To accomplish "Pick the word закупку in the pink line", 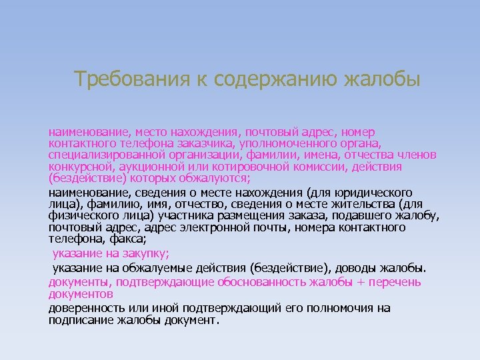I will (149, 253).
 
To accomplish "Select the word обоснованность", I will (259, 282).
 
